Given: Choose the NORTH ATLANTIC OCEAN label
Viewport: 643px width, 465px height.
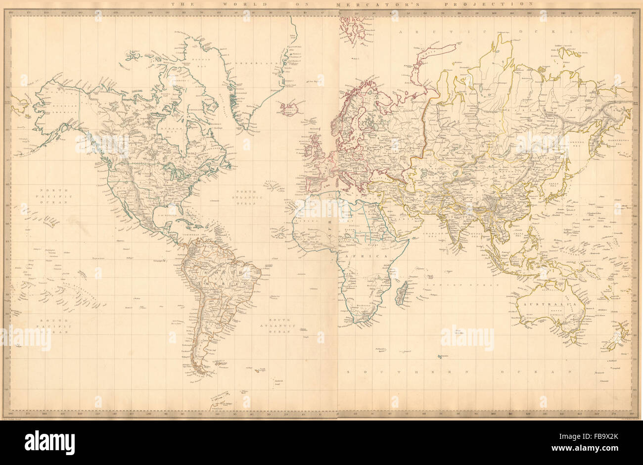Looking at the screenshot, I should pos(247,197).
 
